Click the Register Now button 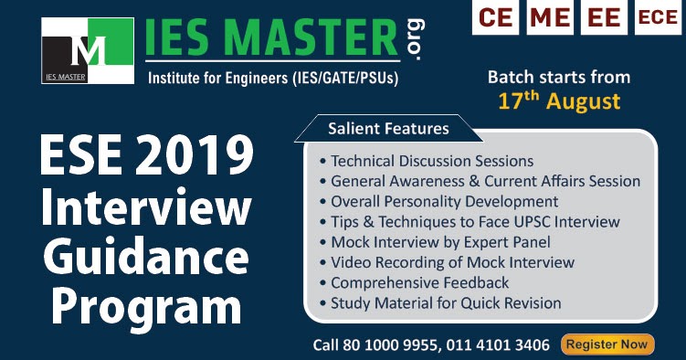pyautogui.click(x=607, y=344)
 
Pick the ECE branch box pyautogui.click(x=658, y=17)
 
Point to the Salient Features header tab pyautogui.click(x=388, y=129)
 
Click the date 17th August pyautogui.click(x=559, y=100)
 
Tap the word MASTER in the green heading pyautogui.click(x=316, y=40)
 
